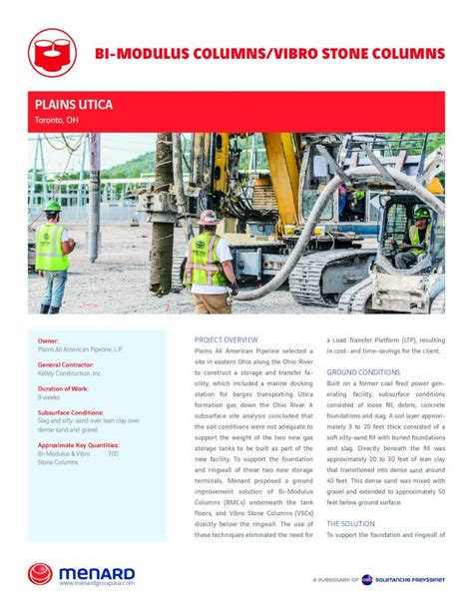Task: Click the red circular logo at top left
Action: (x=52, y=52)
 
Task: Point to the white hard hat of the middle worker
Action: (x=208, y=217)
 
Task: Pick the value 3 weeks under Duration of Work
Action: (x=49, y=397)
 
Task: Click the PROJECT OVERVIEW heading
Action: (x=227, y=340)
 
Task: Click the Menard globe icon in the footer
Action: (x=41, y=574)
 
